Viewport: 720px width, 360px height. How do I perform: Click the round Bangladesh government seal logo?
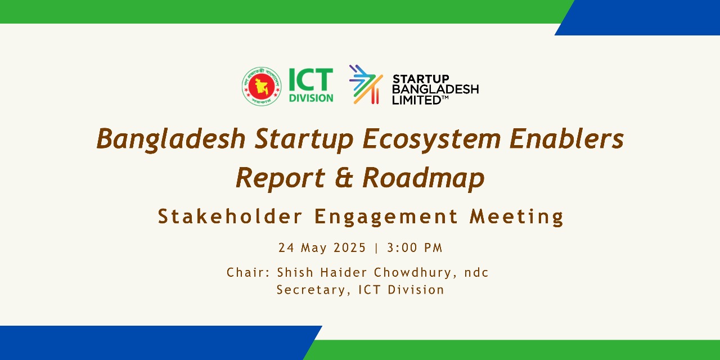[262, 86]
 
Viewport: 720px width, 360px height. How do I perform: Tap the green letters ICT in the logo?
[310, 80]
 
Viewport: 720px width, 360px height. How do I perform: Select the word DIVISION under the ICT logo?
[310, 97]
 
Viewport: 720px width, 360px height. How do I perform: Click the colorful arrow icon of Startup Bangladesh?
[366, 84]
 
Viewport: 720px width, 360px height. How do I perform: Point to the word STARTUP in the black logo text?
[421, 79]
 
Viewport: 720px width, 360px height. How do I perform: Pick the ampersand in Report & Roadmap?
[343, 178]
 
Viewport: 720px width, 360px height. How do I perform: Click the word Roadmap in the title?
[423, 178]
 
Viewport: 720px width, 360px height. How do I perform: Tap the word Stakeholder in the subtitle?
[230, 216]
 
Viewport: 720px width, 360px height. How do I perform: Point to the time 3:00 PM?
[415, 247]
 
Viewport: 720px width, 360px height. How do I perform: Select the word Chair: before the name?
[249, 273]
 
